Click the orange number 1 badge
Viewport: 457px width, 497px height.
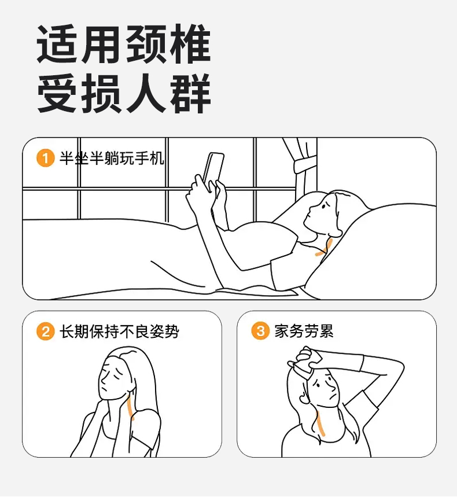pos(46,158)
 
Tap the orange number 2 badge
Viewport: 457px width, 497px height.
pos(46,331)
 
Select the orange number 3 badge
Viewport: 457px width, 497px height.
pos(260,331)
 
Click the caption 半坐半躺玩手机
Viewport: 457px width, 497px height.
pos(112,158)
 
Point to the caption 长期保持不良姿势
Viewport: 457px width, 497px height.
pos(120,332)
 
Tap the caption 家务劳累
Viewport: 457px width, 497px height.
pos(304,331)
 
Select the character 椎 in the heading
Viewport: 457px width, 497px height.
pos(190,44)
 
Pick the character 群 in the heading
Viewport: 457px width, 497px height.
pos(190,93)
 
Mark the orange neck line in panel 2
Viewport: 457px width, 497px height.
pos(130,408)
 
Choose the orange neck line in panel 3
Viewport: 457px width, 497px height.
pos(319,423)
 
